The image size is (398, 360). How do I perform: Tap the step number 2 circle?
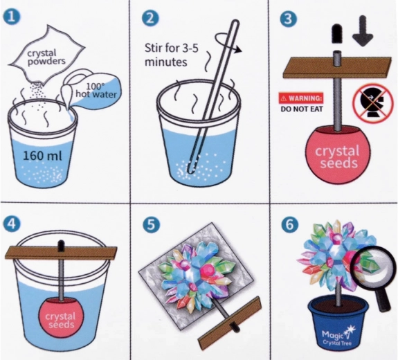(150, 18)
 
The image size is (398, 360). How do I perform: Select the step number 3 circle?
(289, 18)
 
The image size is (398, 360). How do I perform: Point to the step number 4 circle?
(12, 224)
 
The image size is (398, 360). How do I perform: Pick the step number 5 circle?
(151, 224)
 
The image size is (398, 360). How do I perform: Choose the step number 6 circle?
(289, 224)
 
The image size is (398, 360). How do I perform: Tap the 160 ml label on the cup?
(42, 155)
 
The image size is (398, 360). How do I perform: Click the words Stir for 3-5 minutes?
(171, 55)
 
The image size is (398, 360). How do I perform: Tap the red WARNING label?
(301, 98)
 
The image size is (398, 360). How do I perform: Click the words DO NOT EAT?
(302, 109)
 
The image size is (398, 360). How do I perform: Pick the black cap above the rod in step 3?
(337, 33)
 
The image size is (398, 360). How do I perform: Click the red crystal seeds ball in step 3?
(338, 155)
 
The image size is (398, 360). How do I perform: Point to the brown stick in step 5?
(230, 322)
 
